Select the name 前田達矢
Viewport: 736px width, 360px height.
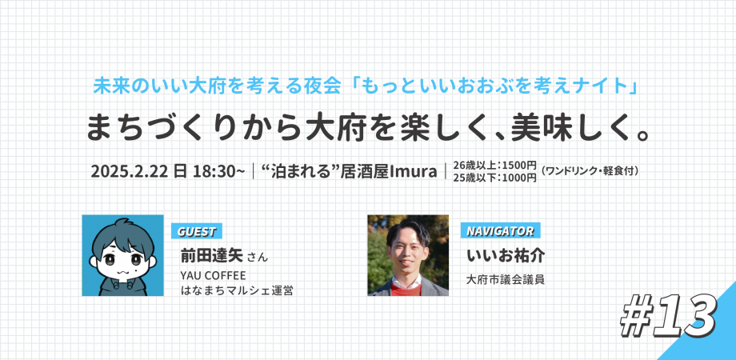tap(211, 256)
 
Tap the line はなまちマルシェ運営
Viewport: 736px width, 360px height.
tap(236, 291)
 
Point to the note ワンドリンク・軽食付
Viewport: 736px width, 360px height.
tap(593, 171)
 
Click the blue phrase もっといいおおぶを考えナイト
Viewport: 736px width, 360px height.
tap(496, 84)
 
